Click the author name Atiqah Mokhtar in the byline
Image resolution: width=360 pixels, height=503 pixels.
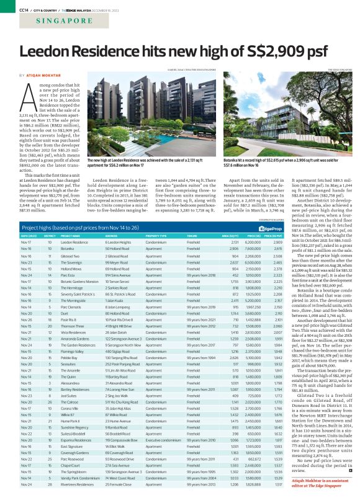pos(43,74)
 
